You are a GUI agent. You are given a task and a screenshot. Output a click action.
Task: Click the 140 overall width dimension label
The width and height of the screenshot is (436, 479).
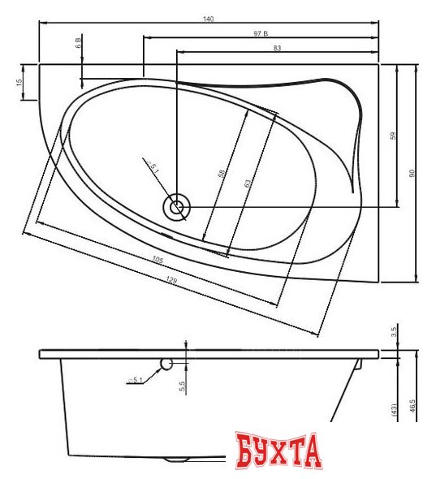[209, 19]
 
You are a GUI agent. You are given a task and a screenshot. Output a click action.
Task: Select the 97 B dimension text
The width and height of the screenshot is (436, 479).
[261, 33]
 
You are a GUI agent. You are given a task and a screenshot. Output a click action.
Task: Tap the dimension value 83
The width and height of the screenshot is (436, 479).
[277, 49]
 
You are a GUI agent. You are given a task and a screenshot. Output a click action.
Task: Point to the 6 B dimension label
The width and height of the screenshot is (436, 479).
[78, 42]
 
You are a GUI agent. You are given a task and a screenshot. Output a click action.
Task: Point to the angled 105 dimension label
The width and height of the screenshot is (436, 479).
[158, 261]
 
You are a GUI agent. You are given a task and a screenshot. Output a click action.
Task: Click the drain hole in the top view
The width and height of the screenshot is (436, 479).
[176, 207]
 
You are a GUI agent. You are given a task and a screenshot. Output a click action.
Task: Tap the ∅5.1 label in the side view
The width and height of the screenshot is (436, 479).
[136, 379]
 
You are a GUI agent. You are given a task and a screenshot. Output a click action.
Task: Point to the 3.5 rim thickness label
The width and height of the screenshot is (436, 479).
[393, 331]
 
